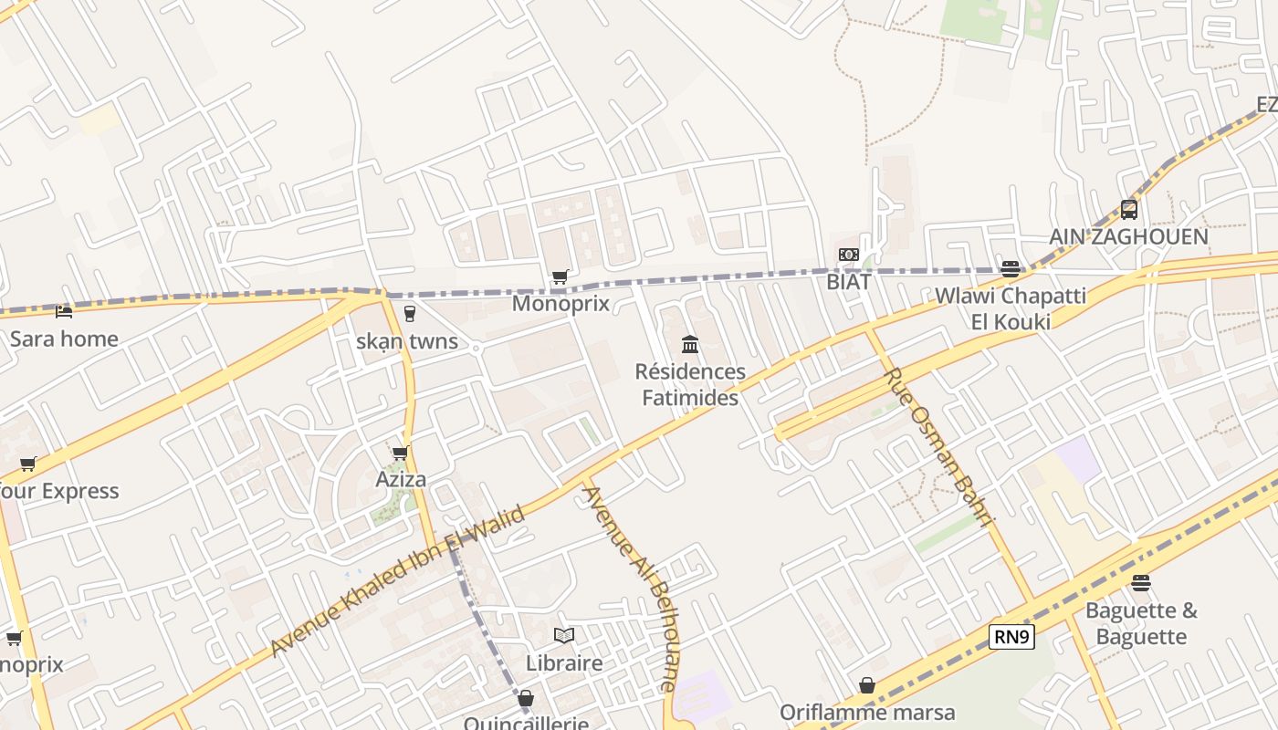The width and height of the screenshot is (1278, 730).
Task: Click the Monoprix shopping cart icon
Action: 560,276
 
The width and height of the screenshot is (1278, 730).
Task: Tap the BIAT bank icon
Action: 849,255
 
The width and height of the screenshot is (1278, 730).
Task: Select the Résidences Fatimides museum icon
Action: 690,344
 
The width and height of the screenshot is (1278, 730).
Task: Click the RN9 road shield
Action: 1011,637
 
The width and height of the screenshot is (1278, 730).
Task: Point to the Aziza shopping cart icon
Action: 400,453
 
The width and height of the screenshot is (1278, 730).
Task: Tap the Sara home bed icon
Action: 64,312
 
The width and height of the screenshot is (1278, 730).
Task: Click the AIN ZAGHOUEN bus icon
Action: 1129,209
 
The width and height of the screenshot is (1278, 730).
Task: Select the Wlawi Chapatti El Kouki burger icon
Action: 1010,268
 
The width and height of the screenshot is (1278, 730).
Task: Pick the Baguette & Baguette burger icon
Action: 1141,582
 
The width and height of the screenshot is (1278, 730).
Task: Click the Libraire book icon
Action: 564,635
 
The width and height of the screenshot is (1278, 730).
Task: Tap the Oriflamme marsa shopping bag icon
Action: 867,684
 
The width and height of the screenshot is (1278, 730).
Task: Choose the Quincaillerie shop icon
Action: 525,699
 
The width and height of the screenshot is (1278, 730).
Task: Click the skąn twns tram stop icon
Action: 409,313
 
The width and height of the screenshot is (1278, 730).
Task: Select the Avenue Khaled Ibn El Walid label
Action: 399,580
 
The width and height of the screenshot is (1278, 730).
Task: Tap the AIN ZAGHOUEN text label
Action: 1128,236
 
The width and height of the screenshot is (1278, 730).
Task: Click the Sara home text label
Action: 64,339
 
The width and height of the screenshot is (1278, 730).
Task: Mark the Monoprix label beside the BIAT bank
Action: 560,303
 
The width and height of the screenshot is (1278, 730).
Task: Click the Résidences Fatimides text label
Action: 690,384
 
